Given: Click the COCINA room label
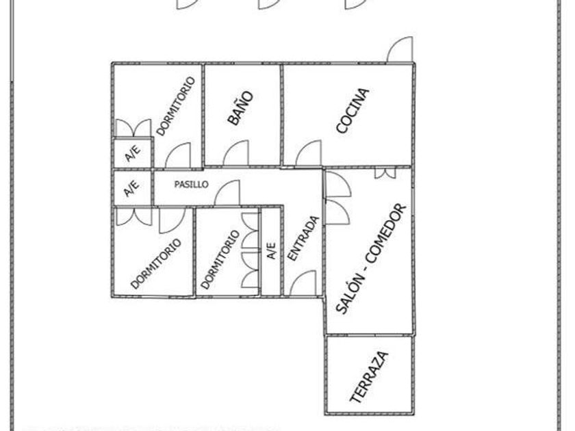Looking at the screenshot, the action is [353, 110].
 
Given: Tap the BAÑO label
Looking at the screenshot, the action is [240, 108].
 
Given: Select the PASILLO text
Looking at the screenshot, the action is [191, 185].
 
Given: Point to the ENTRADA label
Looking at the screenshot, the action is [302, 239].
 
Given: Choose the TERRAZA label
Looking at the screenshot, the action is [369, 376].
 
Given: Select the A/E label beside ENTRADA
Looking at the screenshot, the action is [272, 251].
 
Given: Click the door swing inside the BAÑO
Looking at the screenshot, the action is [235, 153].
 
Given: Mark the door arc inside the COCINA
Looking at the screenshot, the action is [309, 153].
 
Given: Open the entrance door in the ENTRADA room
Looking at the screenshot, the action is [303, 283].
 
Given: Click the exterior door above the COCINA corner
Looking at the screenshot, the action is [400, 50].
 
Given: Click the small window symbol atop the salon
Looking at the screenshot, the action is [385, 172].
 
